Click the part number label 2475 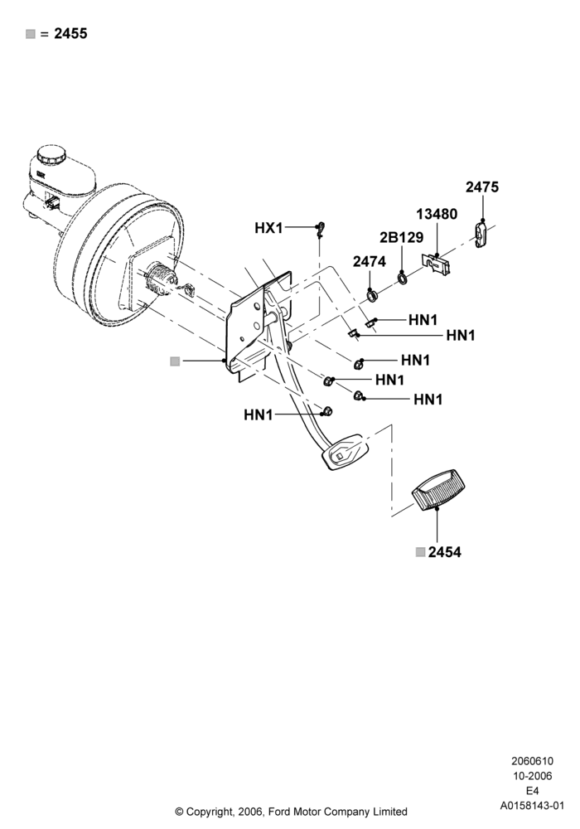click(481, 187)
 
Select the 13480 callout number click(437, 214)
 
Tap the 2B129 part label click(402, 237)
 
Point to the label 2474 click(370, 261)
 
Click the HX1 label click(268, 228)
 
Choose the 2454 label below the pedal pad click(445, 552)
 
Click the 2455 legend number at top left click(70, 34)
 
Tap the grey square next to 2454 click(420, 552)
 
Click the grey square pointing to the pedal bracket click(175, 361)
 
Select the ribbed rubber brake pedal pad click(439, 489)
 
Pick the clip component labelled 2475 click(481, 233)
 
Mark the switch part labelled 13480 click(437, 264)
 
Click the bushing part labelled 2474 click(372, 295)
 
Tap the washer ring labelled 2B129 click(403, 277)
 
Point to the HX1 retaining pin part click(320, 229)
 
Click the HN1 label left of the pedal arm click(259, 415)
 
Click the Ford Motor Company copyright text click(291, 811)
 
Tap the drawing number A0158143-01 click(532, 806)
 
